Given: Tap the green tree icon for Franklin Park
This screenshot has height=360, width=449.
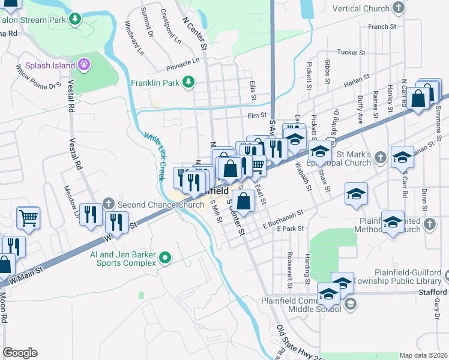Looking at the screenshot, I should (x=188, y=81).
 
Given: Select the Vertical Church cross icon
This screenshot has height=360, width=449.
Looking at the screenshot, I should (x=398, y=8).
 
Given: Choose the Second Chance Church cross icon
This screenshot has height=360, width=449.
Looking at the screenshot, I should (x=108, y=204).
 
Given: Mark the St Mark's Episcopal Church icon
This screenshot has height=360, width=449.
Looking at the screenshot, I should (x=379, y=158).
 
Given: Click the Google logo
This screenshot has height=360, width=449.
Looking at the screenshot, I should (x=20, y=353).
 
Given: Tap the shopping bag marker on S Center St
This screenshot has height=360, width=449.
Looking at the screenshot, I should (x=243, y=202).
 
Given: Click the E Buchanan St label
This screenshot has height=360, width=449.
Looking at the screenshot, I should (x=282, y=217).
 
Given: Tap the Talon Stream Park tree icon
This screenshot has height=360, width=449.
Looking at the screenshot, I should (x=75, y=19).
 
